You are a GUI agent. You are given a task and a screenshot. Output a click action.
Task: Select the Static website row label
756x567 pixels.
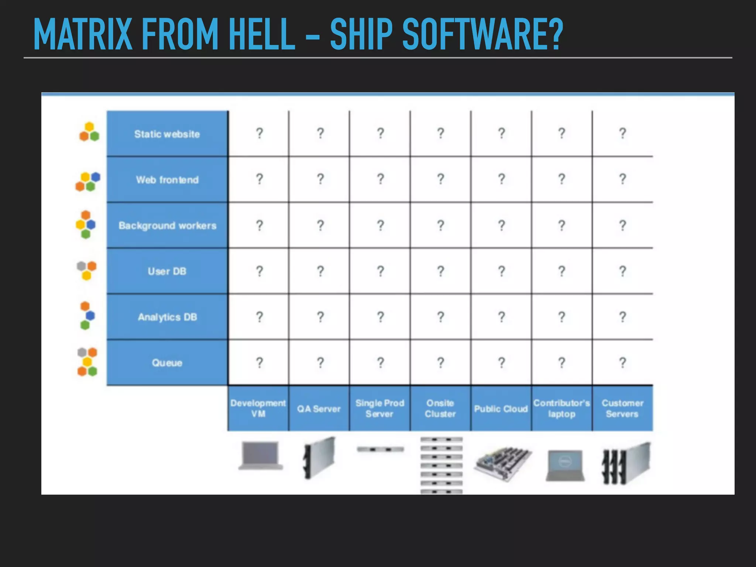(167, 134)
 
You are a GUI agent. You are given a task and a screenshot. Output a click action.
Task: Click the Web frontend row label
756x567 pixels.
(167, 180)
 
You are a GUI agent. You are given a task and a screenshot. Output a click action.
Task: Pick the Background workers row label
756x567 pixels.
(167, 226)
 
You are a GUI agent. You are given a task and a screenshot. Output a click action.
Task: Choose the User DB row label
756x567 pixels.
(167, 271)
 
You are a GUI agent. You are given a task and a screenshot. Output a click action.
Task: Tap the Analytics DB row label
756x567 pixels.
(167, 317)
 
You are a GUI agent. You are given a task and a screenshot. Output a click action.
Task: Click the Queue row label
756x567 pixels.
(167, 363)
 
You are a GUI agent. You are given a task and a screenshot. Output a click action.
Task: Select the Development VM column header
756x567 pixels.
(258, 408)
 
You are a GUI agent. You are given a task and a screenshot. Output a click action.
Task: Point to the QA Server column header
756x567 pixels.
(319, 409)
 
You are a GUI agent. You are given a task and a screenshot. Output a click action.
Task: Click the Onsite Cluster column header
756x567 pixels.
(440, 408)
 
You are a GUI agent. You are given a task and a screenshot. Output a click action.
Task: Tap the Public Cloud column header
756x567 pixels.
(501, 409)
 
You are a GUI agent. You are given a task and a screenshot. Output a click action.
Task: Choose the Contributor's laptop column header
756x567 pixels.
(561, 408)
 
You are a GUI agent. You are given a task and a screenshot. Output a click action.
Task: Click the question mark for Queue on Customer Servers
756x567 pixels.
(622, 362)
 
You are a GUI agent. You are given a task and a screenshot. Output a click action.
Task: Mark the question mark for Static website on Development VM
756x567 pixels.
(260, 133)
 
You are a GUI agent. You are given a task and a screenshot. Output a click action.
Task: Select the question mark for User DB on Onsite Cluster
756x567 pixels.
(440, 271)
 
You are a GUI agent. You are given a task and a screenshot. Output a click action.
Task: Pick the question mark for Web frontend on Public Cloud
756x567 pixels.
(501, 179)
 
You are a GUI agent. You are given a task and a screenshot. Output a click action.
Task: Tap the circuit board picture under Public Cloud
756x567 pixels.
(503, 463)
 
